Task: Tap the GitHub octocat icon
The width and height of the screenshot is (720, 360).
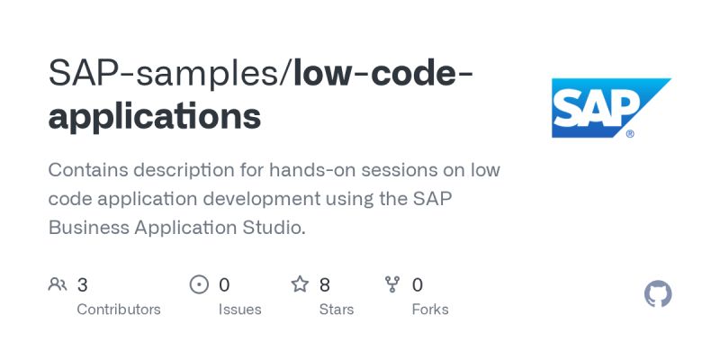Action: coord(659,294)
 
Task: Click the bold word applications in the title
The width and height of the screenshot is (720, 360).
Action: coord(155,117)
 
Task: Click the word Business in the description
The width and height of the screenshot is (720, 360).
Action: coord(86,228)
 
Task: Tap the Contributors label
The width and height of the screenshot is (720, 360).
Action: coord(119,310)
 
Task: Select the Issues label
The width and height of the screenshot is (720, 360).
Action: coord(239,310)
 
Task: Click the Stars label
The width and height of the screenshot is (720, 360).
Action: coord(337,310)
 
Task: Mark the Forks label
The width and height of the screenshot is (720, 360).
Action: coord(429,310)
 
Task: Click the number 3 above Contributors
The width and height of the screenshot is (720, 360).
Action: coord(83,285)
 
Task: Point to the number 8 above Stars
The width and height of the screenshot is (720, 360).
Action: coord(325,285)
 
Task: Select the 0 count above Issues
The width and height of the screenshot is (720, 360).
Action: coord(224,285)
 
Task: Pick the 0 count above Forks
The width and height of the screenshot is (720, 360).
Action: coord(418,285)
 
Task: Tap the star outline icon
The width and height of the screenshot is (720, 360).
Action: coord(300,285)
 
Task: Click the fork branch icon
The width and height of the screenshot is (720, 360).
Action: coord(392,285)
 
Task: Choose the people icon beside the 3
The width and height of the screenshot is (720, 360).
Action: coord(58,285)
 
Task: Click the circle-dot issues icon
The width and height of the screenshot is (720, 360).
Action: coord(199,285)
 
